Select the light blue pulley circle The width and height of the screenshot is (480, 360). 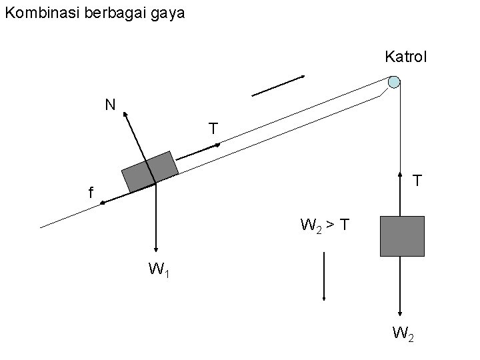pos(394,82)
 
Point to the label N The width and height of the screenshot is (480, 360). pos(109,104)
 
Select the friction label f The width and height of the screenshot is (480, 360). pos(91,193)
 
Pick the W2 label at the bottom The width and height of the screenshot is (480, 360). pos(404,332)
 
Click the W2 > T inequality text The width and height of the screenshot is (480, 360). pos(323,225)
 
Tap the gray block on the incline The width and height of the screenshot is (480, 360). pos(150,171)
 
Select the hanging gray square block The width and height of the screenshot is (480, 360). pos(402,236)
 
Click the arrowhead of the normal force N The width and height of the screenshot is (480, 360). pos(124,113)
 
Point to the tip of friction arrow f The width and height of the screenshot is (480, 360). pos(101,201)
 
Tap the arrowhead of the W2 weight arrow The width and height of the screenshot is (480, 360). pos(401,314)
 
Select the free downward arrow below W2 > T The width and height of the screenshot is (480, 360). pos(323,277)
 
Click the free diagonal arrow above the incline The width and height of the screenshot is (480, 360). pos(278,86)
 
